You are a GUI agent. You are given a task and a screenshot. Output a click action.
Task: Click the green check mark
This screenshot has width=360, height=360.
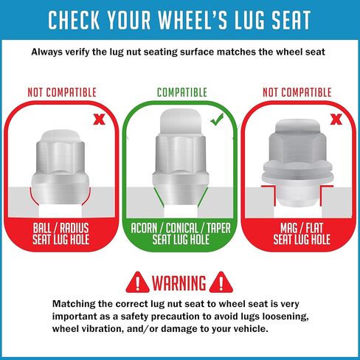point(217,120)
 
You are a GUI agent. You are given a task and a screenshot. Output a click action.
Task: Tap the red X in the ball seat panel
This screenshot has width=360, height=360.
point(99,120)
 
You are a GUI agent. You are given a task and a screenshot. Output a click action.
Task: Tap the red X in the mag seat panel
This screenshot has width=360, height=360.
point(336,120)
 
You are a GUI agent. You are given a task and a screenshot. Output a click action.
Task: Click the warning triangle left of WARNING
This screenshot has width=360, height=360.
point(137,283)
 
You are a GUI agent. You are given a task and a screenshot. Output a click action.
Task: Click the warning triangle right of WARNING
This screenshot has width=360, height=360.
point(221,283)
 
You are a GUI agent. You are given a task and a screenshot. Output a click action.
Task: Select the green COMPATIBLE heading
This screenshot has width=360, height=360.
point(182,92)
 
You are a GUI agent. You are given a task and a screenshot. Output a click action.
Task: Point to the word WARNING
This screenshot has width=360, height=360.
point(179,283)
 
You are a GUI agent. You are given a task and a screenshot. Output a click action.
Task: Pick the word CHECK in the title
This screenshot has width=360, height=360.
point(74,20)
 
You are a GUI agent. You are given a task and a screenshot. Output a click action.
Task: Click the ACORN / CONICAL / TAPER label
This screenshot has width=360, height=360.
point(181,228)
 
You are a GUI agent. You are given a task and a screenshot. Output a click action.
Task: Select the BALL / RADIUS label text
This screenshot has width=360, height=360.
point(60,228)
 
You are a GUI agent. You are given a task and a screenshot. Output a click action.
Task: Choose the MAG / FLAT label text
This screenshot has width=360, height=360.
point(302,228)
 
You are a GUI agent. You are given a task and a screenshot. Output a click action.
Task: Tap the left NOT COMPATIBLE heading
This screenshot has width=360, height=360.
point(62,92)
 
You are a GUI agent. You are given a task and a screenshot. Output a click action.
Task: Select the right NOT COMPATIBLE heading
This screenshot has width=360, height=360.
point(297,92)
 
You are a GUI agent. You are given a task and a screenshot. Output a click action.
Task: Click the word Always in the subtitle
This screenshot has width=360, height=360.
point(47,52)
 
